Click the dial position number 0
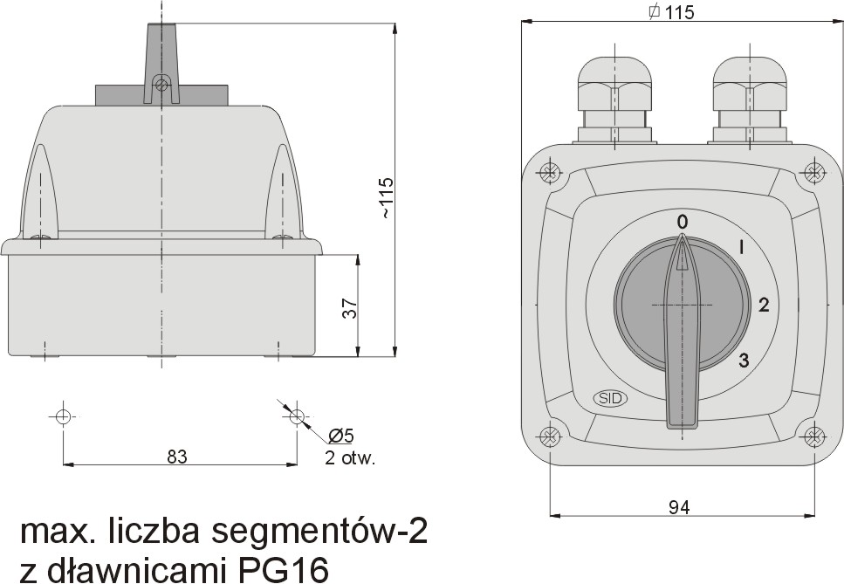tap(682, 221)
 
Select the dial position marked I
tap(742, 248)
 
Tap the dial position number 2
tap(764, 306)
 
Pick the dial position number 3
tap(744, 360)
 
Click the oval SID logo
tap(610, 398)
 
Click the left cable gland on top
tap(615, 100)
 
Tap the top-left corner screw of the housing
tap(549, 173)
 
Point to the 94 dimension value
tap(680, 506)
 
